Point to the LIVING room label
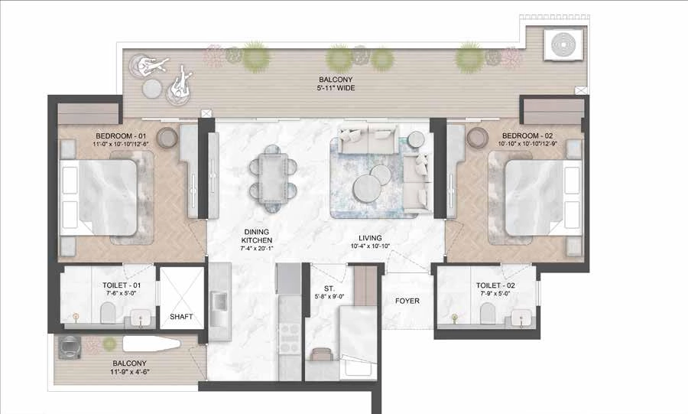point(368,238)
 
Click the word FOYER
point(407,301)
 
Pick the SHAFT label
point(181,317)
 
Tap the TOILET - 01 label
point(106,284)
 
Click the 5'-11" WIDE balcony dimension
point(337,88)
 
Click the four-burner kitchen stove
point(290,336)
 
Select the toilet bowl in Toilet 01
point(107,311)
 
